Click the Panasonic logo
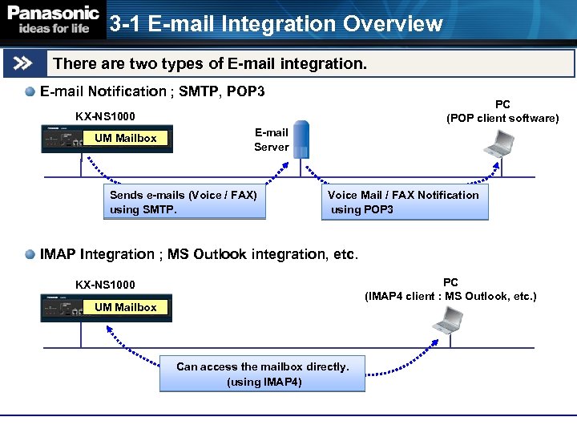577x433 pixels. point(54,20)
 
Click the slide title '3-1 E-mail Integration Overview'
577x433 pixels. point(276,24)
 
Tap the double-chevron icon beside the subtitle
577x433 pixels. point(25,63)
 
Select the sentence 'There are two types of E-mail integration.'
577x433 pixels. point(209,63)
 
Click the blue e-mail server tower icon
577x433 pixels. point(301,140)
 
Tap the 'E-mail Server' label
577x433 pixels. point(271,140)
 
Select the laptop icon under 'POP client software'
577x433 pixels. point(499,143)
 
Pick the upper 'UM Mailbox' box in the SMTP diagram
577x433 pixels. point(126,139)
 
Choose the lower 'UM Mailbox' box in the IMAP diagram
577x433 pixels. point(126,308)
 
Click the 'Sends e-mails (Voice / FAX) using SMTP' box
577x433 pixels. point(187,203)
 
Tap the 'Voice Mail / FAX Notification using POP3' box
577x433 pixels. point(404,203)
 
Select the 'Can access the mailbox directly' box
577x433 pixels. point(262,374)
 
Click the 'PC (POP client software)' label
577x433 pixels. point(502,111)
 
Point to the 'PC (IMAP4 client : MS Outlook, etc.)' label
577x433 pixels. point(450,289)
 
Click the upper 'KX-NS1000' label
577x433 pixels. point(105,116)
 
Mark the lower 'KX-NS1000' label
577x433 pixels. point(105,285)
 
